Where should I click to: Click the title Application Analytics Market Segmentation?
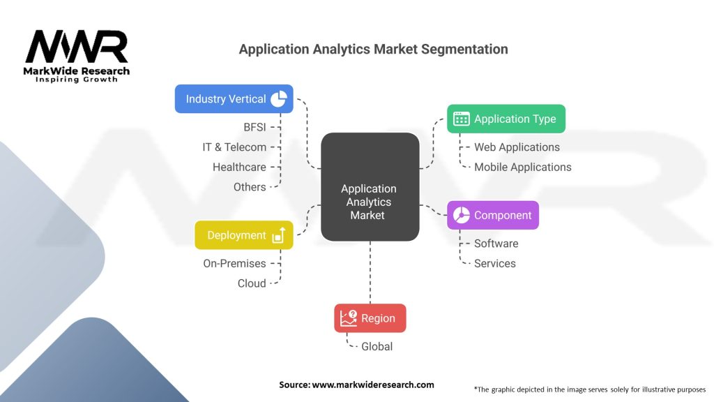point(373,49)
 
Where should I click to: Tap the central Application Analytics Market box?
point(370,187)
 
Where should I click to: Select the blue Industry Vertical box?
point(233,99)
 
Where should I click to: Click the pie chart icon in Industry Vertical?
point(278,99)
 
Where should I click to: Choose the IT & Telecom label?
point(234,147)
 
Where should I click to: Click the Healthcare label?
point(239,167)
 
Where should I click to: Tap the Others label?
point(250,187)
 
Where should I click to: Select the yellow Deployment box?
point(243,235)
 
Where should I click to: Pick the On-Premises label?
point(234,264)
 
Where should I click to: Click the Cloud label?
point(251,283)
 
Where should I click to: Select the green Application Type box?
point(506,119)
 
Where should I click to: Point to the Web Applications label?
point(517,147)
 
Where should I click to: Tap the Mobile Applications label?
point(522,167)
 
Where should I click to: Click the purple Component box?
point(492,215)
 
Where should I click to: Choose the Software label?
point(496,244)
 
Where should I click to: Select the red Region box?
point(370,318)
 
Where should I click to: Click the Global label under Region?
point(377,347)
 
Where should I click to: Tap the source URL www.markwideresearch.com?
point(372,385)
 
